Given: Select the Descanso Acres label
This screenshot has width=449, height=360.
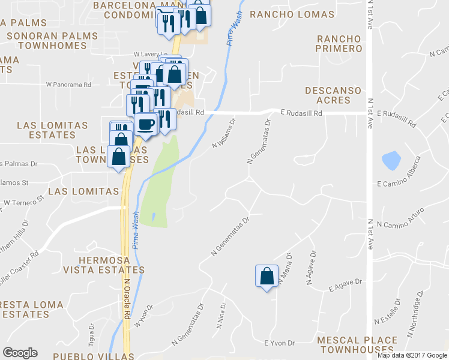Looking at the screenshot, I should click(333, 96).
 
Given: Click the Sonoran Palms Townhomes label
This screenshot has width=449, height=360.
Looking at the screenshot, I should click(52, 41).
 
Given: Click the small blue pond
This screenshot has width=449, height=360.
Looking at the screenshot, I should click(391, 160).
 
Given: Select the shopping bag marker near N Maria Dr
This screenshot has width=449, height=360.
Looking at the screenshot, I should click(267, 276).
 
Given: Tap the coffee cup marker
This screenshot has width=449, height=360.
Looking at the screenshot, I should click(146, 124).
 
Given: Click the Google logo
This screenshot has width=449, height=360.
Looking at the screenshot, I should click(20, 353).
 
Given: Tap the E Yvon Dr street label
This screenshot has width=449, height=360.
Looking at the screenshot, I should click(280, 343).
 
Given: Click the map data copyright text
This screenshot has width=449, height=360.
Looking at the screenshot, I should click(412, 355).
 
